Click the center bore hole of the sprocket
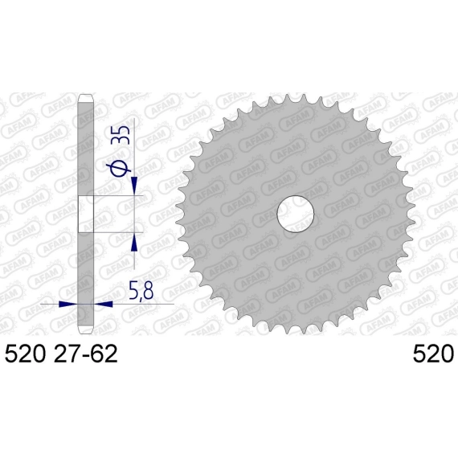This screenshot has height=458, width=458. (x=296, y=214)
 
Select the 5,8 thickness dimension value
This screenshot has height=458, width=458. (x=141, y=290)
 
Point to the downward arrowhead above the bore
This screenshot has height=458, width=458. (x=134, y=185)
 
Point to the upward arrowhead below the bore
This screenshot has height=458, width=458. (x=134, y=243)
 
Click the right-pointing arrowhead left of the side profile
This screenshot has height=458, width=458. (x=67, y=304)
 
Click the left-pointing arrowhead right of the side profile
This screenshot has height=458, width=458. (x=103, y=304)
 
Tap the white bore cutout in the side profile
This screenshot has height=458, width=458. (x=86, y=214)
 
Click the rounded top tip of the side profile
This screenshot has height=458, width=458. (x=86, y=97)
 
